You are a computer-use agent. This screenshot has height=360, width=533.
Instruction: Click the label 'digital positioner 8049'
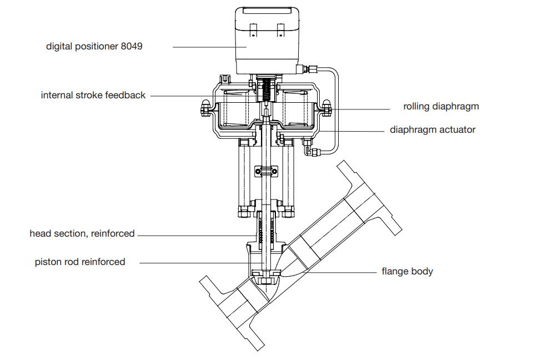(94, 47)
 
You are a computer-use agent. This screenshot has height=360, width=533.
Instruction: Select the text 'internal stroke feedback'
(93, 96)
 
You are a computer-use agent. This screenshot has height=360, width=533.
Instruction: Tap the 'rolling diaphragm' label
(441, 106)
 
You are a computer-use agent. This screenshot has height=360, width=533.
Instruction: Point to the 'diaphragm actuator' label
(433, 130)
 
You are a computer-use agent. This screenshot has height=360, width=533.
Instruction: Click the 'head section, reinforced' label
(82, 234)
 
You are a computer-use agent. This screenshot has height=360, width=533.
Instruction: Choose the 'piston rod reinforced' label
(80, 262)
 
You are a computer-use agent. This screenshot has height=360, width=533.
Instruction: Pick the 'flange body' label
(407, 272)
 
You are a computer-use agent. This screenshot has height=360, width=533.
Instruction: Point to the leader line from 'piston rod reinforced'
(194, 262)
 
